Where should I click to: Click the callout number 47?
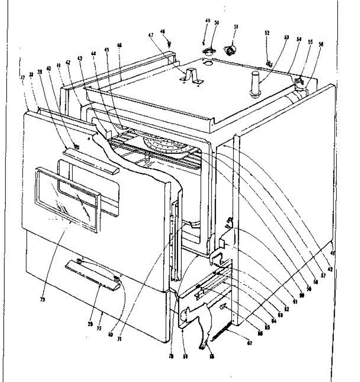[x=151, y=35]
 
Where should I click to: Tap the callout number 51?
[x=236, y=27]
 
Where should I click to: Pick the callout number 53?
[x=286, y=37]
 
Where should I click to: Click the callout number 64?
[x=274, y=321]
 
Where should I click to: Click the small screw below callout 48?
[x=169, y=43]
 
